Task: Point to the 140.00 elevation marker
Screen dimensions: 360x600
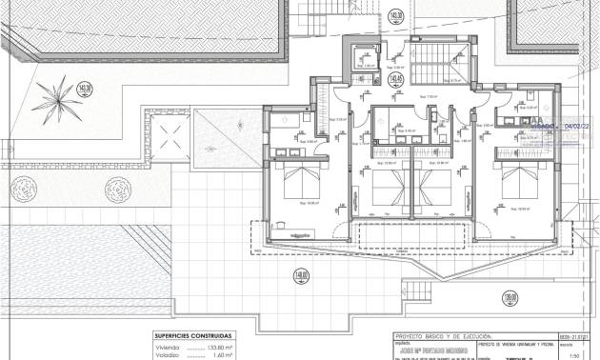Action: tap(301, 277)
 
